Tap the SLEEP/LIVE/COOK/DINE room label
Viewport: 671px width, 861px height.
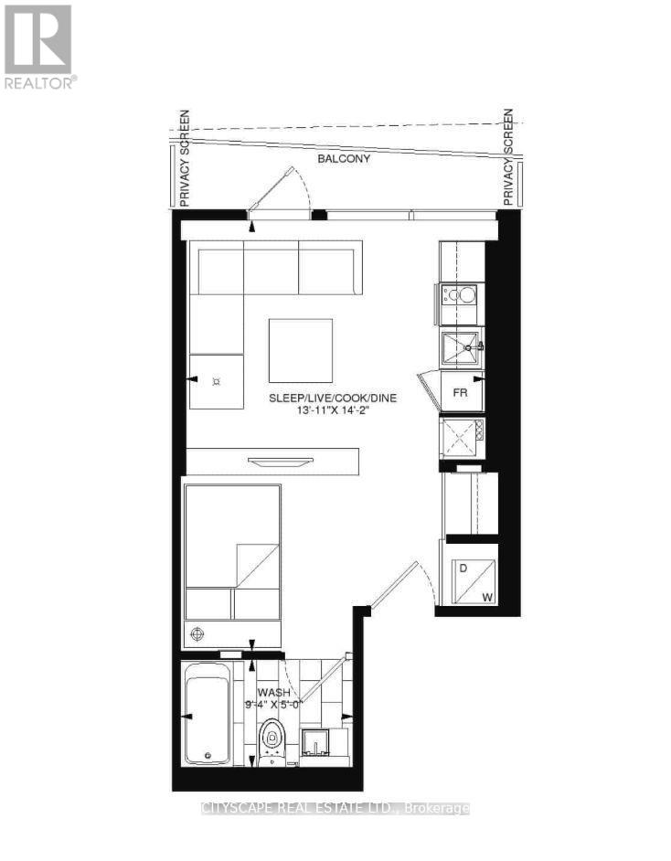point(332,399)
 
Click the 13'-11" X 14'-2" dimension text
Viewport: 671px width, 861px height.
point(332,411)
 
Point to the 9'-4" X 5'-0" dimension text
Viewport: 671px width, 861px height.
point(272,706)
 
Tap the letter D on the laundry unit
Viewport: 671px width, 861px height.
point(463,569)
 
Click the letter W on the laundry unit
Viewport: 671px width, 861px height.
point(488,599)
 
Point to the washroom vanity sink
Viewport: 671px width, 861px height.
point(319,745)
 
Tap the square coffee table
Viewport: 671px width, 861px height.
point(301,350)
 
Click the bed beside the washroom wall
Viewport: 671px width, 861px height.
point(232,552)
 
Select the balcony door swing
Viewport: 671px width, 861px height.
point(280,190)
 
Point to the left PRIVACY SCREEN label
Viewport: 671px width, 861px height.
point(184,158)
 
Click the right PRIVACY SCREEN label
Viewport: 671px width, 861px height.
point(509,158)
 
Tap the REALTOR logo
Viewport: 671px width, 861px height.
point(38,46)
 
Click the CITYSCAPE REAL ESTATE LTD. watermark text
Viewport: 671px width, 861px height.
point(335,809)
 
